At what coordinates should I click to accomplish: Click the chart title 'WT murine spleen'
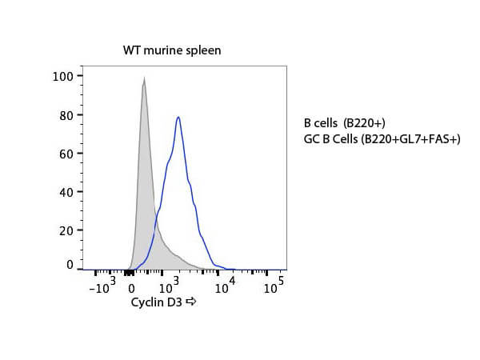[x=172, y=50]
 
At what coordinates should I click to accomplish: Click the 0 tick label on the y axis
[x=70, y=264]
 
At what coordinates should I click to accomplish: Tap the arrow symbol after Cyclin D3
[x=190, y=302]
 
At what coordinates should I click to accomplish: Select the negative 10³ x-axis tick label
[x=102, y=286]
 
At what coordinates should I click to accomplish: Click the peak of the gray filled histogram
[x=143, y=78]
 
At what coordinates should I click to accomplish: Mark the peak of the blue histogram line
[x=178, y=118]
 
